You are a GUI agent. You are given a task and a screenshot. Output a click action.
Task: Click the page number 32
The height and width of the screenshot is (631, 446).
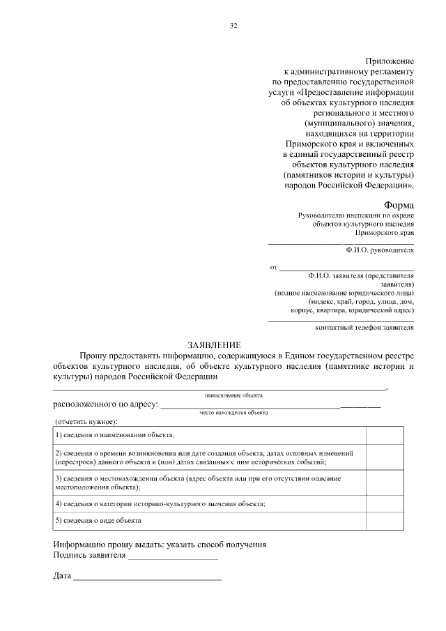234,26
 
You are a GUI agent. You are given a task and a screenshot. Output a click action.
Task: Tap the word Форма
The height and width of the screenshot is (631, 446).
399,205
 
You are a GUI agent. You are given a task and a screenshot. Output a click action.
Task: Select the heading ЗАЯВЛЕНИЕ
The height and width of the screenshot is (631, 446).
214,345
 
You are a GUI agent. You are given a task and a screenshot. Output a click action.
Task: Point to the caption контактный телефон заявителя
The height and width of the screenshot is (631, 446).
364,327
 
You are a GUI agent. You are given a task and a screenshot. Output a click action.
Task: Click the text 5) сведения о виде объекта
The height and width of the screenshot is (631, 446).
98,521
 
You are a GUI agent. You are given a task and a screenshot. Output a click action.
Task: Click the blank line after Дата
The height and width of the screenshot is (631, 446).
148,578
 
